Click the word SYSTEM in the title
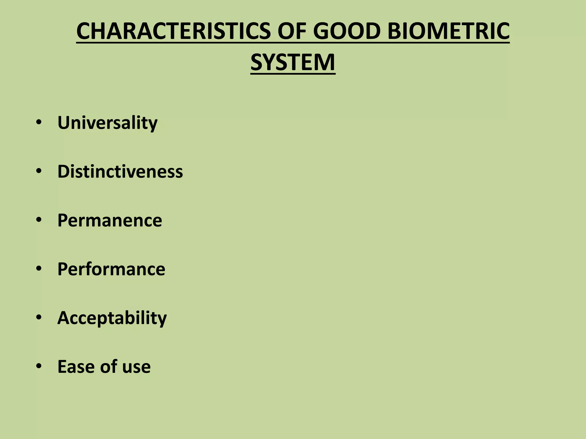(293, 62)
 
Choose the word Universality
(107, 123)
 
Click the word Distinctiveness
(120, 171)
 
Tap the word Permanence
(110, 220)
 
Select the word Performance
(111, 269)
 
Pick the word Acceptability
(112, 318)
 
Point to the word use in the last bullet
(136, 367)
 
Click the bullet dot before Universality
(39, 123)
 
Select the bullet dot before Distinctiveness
(39, 171)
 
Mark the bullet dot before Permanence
(39, 220)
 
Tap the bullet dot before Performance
(39, 269)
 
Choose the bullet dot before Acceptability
(39, 317)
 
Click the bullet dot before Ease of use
(39, 366)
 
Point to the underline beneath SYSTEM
(293, 74)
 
